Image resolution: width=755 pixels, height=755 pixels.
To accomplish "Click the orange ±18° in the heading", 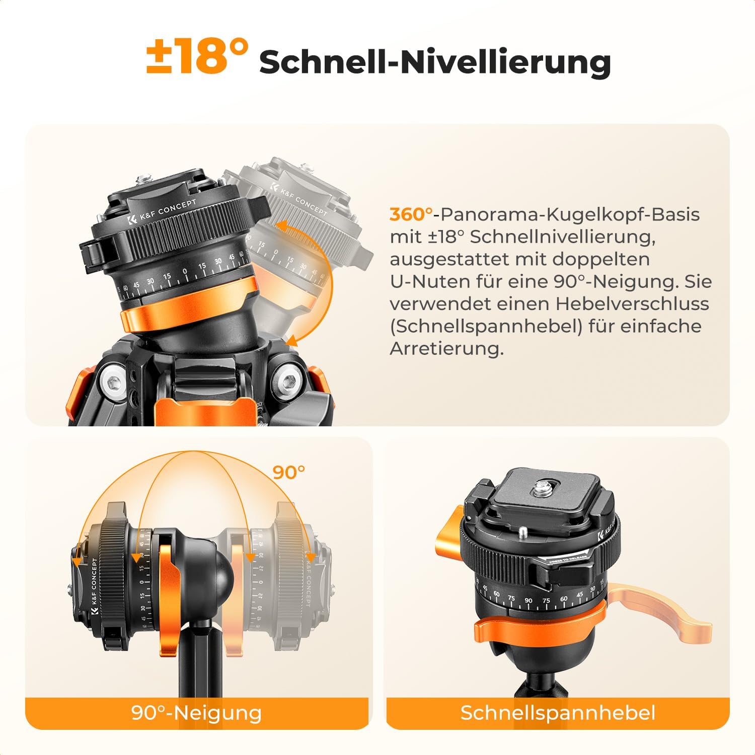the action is click(x=198, y=57).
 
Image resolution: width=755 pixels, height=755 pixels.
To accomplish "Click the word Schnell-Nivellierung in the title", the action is click(x=435, y=62).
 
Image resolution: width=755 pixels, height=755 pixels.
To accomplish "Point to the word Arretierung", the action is click(x=446, y=349).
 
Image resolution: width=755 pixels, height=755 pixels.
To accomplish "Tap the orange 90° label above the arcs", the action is click(x=289, y=472).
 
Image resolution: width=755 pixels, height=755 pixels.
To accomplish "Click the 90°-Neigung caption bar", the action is click(x=197, y=713).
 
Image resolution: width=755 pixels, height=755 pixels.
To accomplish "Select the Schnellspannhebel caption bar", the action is click(x=558, y=713).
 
